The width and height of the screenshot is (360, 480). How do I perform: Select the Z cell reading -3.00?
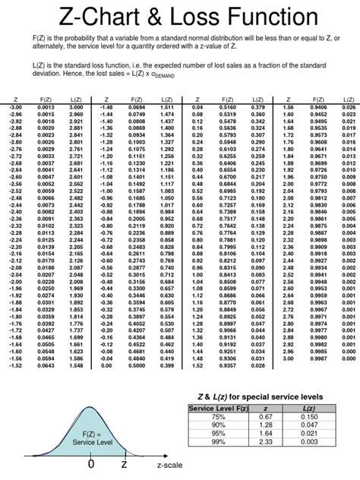[16, 107]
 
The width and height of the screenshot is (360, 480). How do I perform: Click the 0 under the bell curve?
[90, 463]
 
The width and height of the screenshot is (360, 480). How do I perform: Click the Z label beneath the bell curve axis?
[123, 463]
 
